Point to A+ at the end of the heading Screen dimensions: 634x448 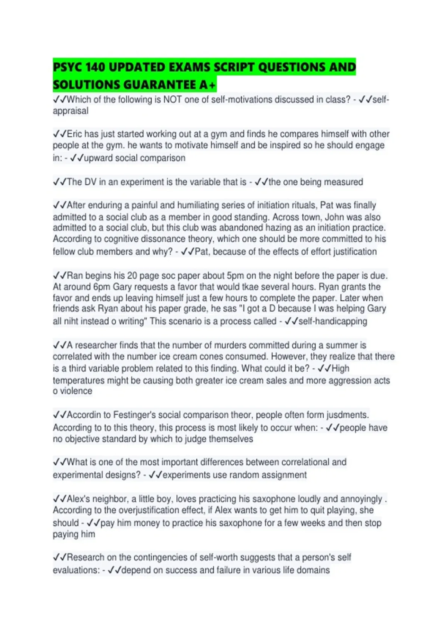point(207,85)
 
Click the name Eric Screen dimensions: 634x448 point(74,134)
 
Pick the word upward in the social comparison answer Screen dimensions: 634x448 point(98,158)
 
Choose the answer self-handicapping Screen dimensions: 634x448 point(333,321)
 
